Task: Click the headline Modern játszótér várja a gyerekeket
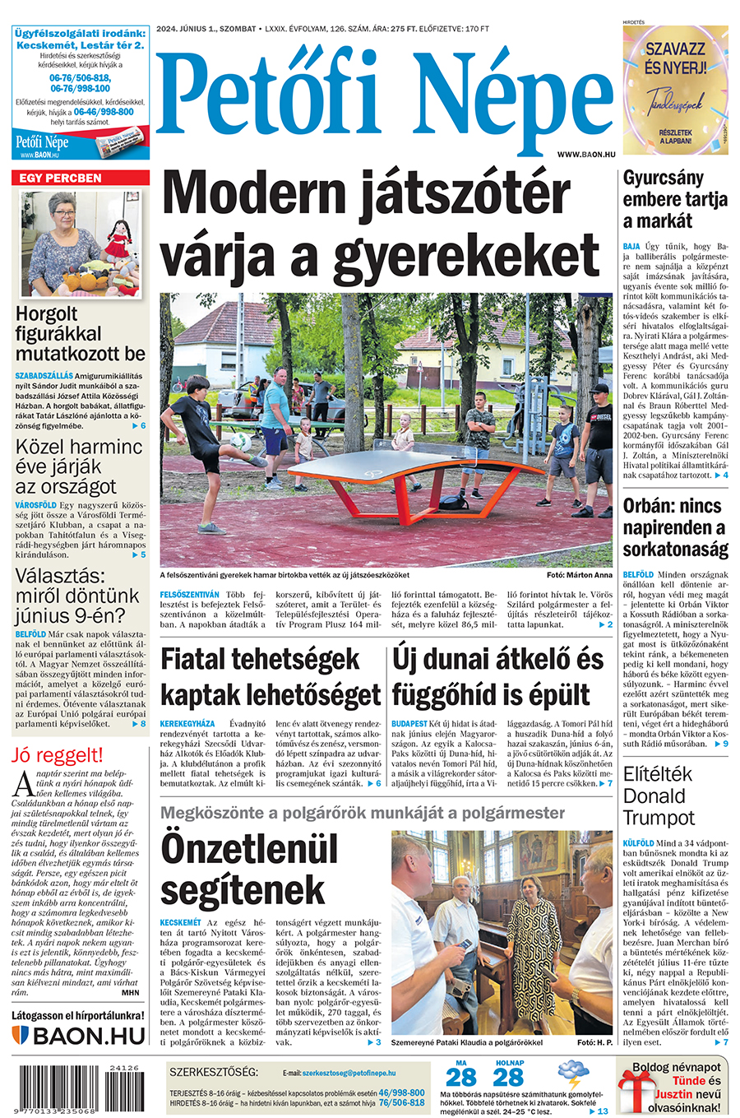pos(381,224)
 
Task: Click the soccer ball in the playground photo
pos(241,441)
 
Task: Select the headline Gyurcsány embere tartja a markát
pos(674,199)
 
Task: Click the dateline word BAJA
pos(631,246)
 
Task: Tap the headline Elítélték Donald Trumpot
pos(659,796)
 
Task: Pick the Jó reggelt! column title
pos(58,755)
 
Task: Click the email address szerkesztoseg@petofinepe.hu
pos(349,1073)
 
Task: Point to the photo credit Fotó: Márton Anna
pos(579,575)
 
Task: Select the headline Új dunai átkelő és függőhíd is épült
pos(498,677)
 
